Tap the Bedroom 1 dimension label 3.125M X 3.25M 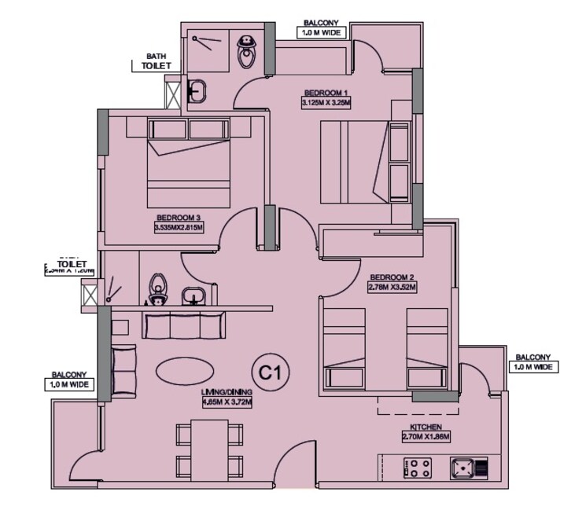click(325, 102)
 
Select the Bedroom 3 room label click(179, 218)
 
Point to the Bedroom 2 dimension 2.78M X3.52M click(392, 287)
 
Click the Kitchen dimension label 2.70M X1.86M click(424, 436)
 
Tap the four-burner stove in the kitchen click(417, 469)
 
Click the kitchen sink click(469, 469)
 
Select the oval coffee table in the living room click(182, 371)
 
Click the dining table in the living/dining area click(208, 449)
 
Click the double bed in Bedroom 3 click(189, 163)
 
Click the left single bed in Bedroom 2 click(344, 348)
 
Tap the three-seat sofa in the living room click(183, 325)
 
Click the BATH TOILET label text click(156, 62)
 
